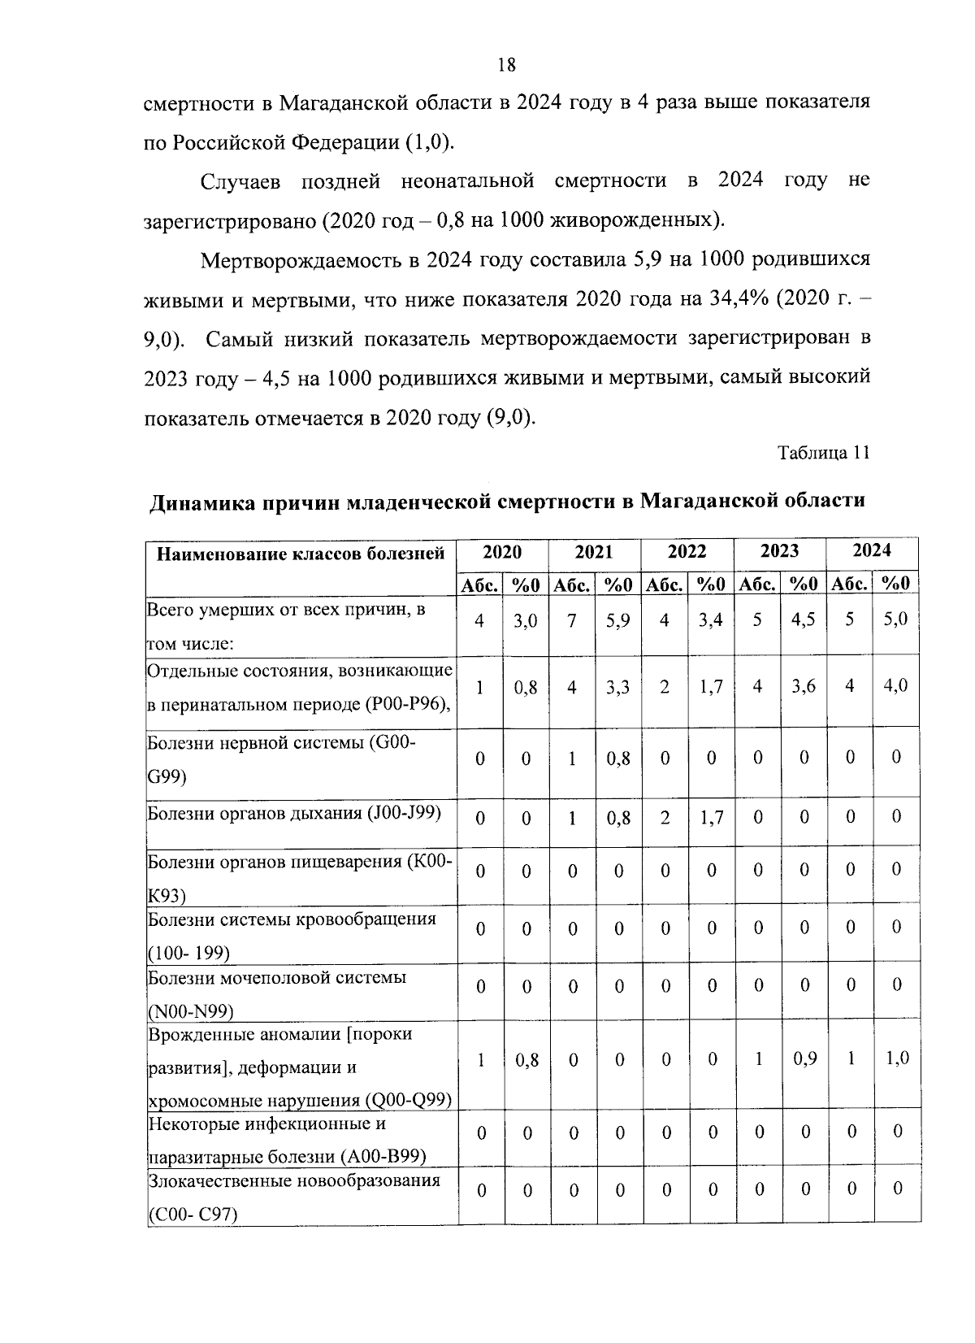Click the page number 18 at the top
(x=506, y=66)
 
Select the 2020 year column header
(x=502, y=551)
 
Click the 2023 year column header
(x=779, y=551)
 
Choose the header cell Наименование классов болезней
(x=301, y=554)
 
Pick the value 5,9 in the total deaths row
(x=618, y=620)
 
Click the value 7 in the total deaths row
(x=572, y=620)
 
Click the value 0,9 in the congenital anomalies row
(x=804, y=1058)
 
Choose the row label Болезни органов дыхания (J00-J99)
(x=294, y=814)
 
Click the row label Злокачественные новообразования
(x=294, y=1180)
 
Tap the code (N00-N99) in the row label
(x=192, y=1011)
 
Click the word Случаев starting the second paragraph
(x=240, y=181)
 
